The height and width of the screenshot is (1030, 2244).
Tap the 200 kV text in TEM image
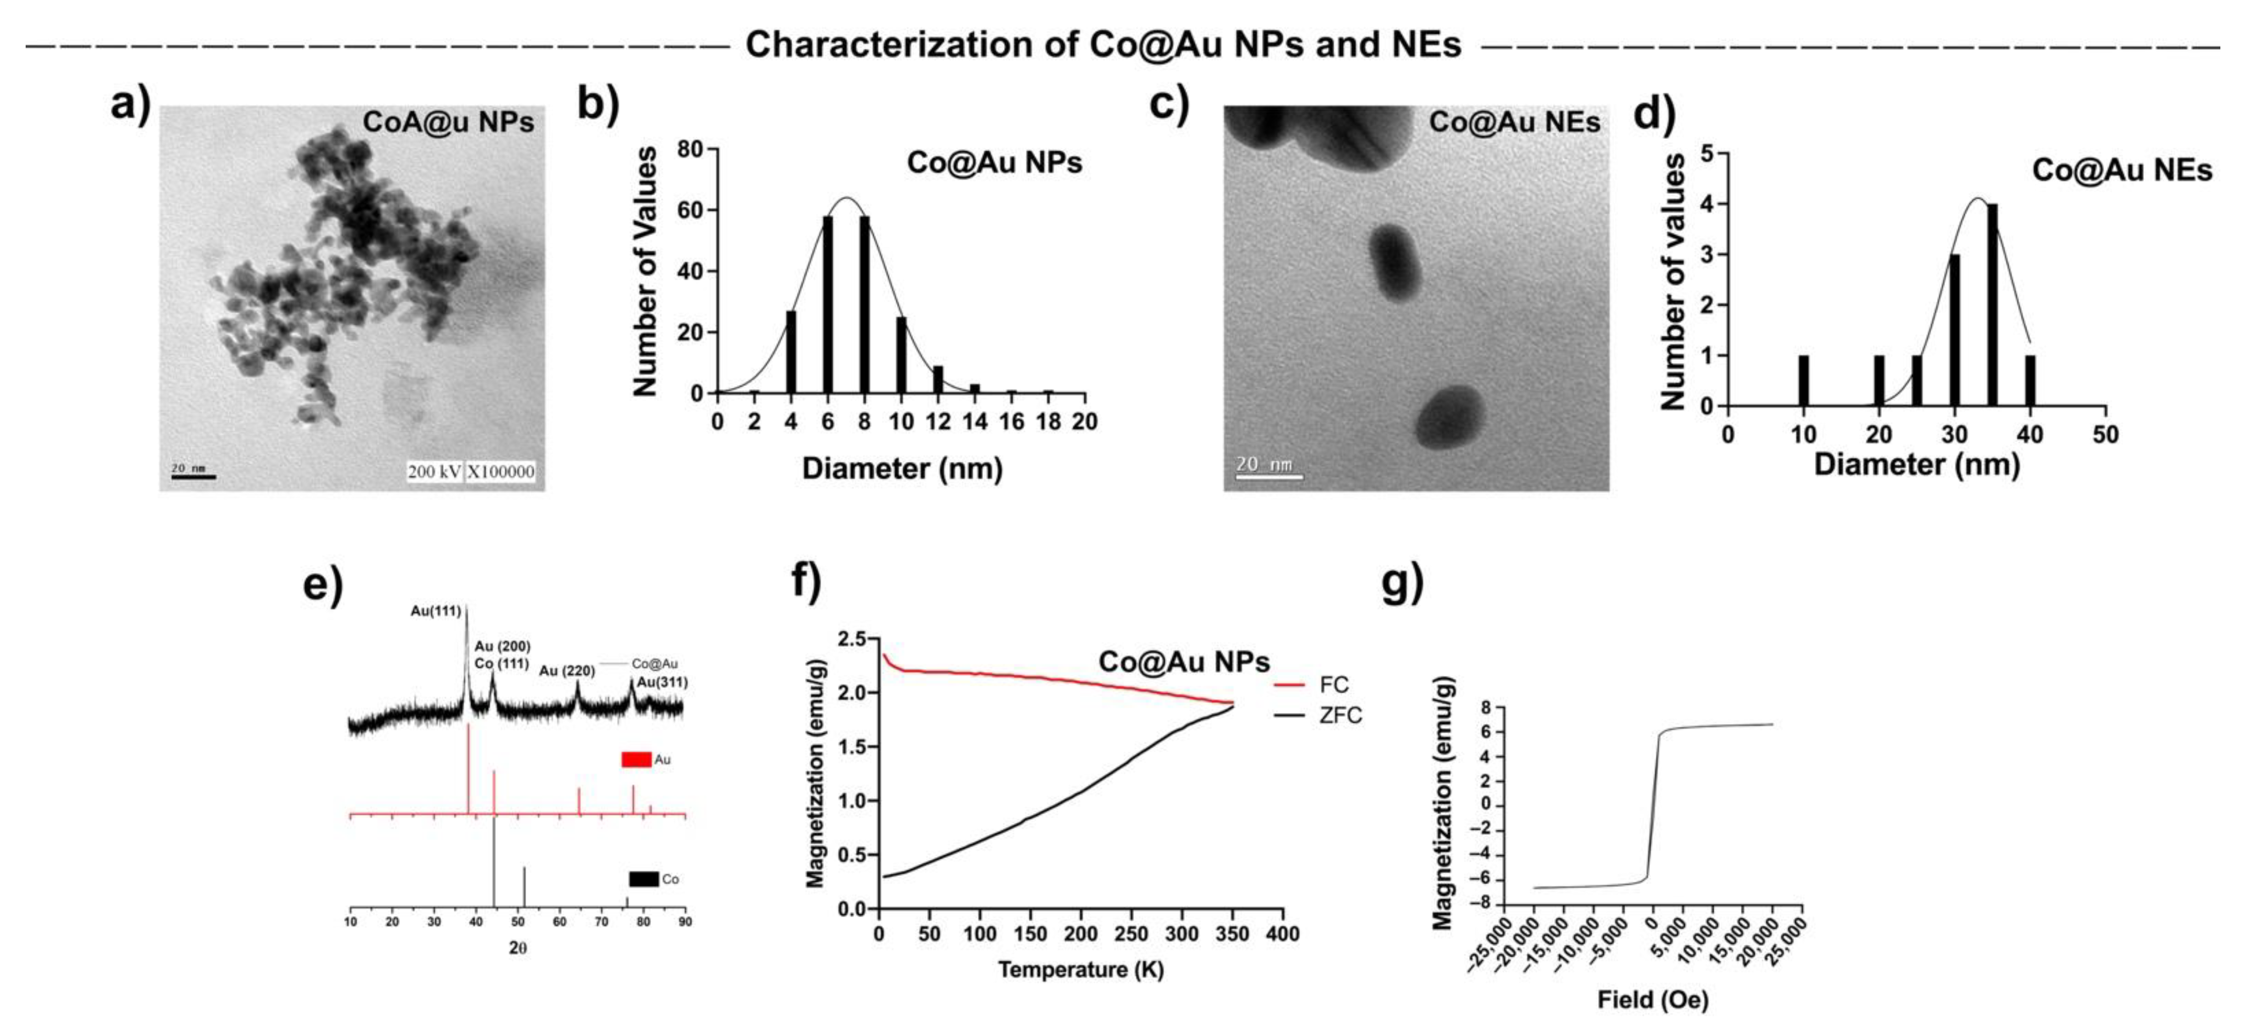[x=434, y=471]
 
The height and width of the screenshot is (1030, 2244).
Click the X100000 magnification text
[x=501, y=471]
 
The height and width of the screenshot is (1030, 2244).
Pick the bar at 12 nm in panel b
[x=937, y=380]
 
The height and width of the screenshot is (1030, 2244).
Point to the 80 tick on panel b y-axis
[x=690, y=150]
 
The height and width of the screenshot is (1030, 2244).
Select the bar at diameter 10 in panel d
[x=1803, y=381]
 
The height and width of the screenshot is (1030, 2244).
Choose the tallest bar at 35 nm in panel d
[x=1992, y=305]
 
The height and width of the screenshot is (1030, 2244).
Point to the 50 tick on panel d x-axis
[x=2106, y=434]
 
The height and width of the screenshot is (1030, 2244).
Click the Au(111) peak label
[x=436, y=611]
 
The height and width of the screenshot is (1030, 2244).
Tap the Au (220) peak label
[x=566, y=671]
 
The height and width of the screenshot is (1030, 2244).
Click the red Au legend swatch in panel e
[x=636, y=759]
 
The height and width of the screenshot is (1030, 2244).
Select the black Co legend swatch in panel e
[x=644, y=879]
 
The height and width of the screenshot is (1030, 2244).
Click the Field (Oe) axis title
[x=1652, y=999]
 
